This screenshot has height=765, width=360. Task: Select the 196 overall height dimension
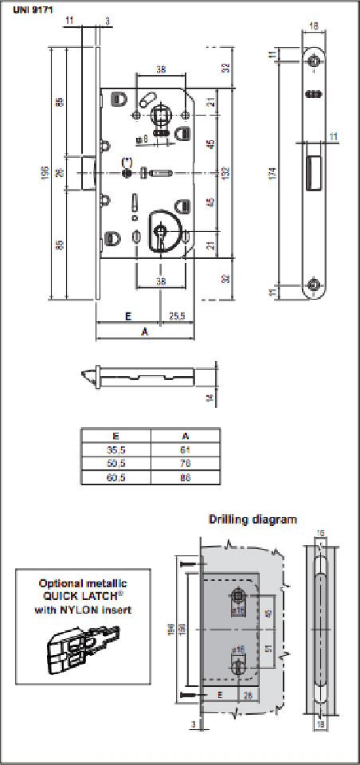pyautogui.click(x=46, y=171)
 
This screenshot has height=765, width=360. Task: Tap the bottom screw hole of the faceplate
pyautogui.click(x=316, y=284)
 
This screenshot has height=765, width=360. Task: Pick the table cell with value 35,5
pyautogui.click(x=115, y=450)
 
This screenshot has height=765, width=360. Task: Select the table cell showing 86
pyautogui.click(x=185, y=479)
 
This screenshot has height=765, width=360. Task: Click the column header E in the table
pyautogui.click(x=115, y=436)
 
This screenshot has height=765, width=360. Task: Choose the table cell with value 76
pyautogui.click(x=185, y=465)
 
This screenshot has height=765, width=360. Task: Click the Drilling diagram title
pyautogui.click(x=252, y=519)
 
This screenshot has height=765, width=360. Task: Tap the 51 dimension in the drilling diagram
pyautogui.click(x=268, y=648)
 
